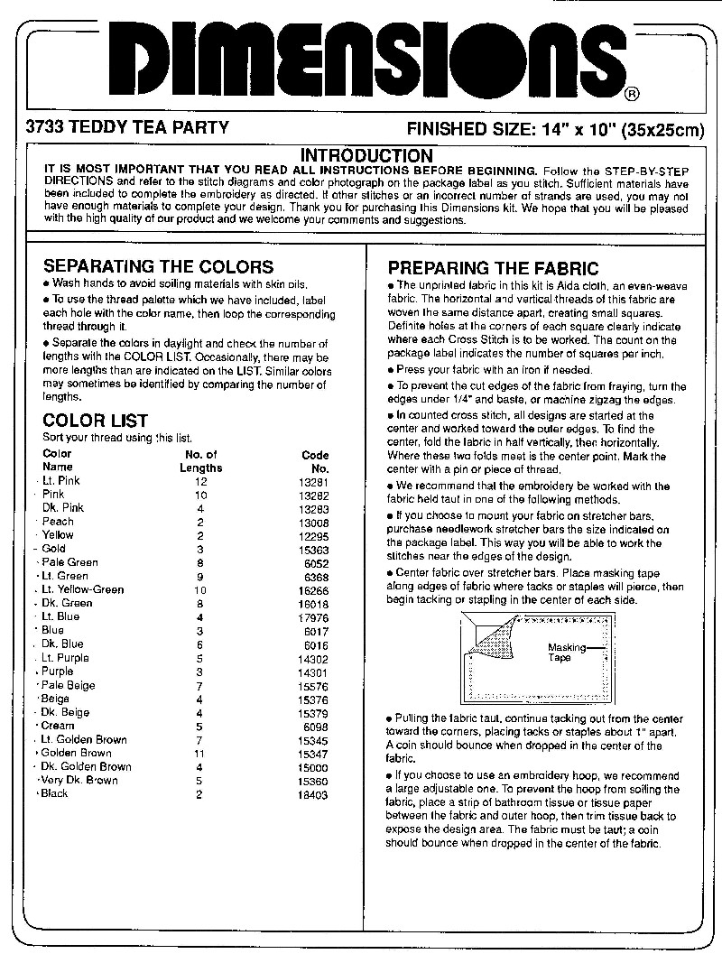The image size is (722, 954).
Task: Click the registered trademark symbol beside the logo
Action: (x=633, y=93)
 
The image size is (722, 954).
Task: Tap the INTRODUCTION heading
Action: (x=366, y=156)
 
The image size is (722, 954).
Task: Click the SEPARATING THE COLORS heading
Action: (x=158, y=266)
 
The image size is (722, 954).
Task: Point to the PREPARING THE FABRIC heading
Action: (x=493, y=268)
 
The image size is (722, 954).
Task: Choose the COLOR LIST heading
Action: (x=96, y=421)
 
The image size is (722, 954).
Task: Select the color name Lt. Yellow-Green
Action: (x=83, y=589)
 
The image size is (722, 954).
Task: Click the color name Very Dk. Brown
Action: (x=79, y=780)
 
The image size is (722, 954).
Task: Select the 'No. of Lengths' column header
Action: (x=200, y=461)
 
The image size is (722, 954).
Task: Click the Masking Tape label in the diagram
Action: (x=566, y=653)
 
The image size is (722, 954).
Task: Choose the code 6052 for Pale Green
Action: (x=317, y=562)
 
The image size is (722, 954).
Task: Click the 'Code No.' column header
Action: (x=316, y=461)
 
